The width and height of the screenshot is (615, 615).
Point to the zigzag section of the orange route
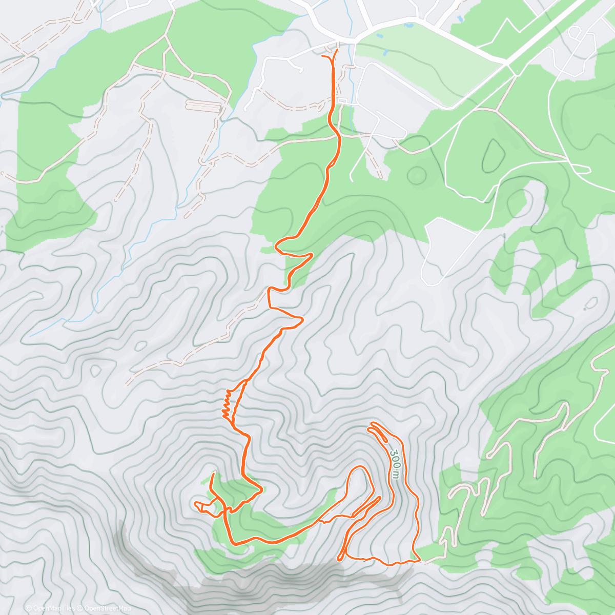coord(227,405)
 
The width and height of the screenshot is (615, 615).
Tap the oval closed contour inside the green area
coord(493,154)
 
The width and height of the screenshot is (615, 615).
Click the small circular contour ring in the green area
coord(417,175)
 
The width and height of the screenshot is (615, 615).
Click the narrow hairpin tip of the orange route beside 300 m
coord(371,425)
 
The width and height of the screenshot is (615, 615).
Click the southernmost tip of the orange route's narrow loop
coord(340,558)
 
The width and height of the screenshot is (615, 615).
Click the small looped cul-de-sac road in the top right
coord(575,32)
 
